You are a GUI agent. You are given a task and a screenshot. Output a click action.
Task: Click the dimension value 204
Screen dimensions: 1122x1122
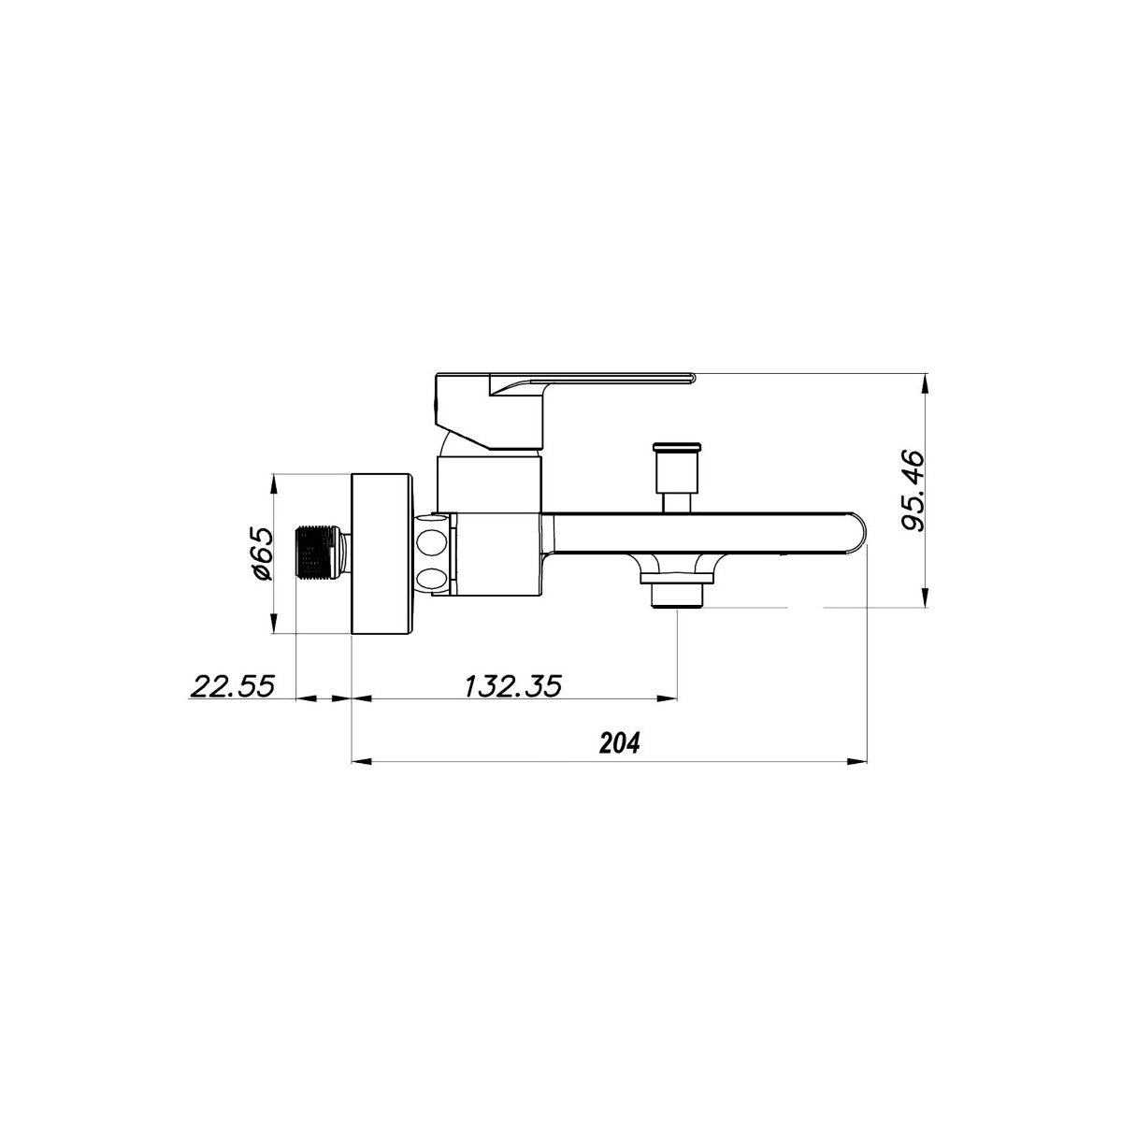point(620,743)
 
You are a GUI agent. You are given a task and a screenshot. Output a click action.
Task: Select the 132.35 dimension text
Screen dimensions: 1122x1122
point(512,686)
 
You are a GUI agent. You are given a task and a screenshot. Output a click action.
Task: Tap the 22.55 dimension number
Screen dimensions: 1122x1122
point(232,686)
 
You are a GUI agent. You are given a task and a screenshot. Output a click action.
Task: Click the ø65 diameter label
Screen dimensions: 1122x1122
point(262,554)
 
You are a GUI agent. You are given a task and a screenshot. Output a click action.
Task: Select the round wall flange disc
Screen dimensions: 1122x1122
point(382,553)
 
